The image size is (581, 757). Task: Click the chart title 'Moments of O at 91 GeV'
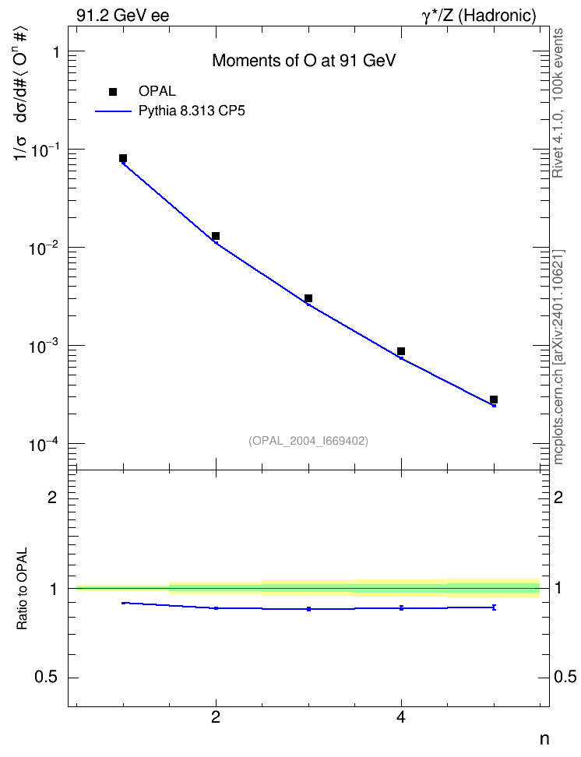coord(304,61)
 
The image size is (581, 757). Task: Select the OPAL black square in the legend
coord(113,92)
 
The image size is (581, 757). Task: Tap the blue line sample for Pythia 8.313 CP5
coord(113,111)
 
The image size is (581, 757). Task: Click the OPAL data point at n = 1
coord(123,158)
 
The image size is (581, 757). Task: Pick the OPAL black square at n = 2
coord(216,236)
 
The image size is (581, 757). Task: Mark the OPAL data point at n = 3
coord(308,298)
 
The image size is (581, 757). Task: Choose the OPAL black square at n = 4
coord(401,351)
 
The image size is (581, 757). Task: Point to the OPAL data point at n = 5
coord(494,400)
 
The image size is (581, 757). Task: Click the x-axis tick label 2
coord(216,718)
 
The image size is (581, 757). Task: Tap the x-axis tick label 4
coord(401,718)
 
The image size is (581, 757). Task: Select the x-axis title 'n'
coord(544,739)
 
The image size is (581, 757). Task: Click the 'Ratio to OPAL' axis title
coord(22,589)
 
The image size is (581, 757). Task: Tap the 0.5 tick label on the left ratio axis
coord(47,678)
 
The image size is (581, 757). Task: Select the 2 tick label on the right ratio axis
coord(558,497)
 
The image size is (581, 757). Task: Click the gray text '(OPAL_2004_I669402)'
coord(308,441)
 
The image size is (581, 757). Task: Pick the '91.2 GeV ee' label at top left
coord(123,16)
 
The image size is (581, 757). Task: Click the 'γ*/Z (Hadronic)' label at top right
coord(479,16)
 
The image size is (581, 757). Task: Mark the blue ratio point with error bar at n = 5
coord(494,607)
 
